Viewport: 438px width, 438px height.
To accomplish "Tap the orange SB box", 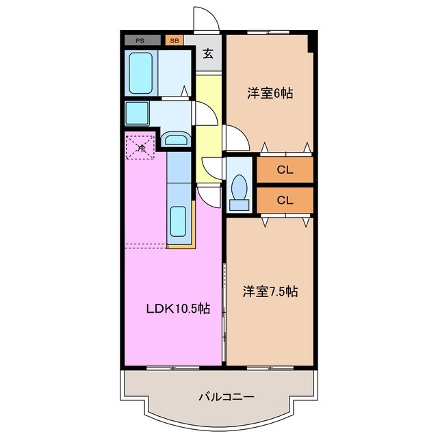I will click(174, 40).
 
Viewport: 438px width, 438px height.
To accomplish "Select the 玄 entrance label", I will click(208, 55).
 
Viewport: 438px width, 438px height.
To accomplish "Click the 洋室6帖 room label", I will click(270, 94).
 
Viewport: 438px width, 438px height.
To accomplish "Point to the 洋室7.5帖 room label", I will click(270, 292).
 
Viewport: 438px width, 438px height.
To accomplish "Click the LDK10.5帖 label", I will click(176, 309).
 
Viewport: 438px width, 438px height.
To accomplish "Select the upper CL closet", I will click(285, 170).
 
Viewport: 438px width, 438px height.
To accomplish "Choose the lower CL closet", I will click(285, 200).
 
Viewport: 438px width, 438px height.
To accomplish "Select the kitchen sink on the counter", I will click(178, 221).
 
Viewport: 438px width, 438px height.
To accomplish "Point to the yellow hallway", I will click(206, 130).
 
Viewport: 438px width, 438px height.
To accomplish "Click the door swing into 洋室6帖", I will click(235, 140).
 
